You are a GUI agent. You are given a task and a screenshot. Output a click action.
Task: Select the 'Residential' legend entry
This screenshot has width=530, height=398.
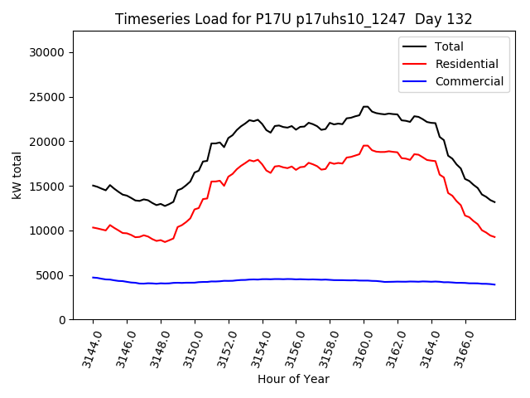[x=466, y=64]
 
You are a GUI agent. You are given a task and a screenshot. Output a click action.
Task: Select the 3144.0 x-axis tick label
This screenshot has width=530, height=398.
[x=85, y=348]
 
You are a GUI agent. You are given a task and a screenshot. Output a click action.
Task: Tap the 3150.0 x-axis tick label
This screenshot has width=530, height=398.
[x=187, y=348]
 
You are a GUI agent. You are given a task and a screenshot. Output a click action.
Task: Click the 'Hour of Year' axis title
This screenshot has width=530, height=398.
[x=293, y=380]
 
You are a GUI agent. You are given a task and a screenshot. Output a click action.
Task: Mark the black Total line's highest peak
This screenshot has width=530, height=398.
[x=365, y=106]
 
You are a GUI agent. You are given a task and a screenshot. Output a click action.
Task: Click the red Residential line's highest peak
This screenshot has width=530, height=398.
[x=365, y=146]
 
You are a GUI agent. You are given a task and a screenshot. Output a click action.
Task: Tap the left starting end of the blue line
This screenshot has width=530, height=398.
[x=93, y=277]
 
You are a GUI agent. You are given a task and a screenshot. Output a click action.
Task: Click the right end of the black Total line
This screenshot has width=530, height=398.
[x=494, y=201]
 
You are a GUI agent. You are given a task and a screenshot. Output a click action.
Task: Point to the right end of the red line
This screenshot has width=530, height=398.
[x=494, y=237]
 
